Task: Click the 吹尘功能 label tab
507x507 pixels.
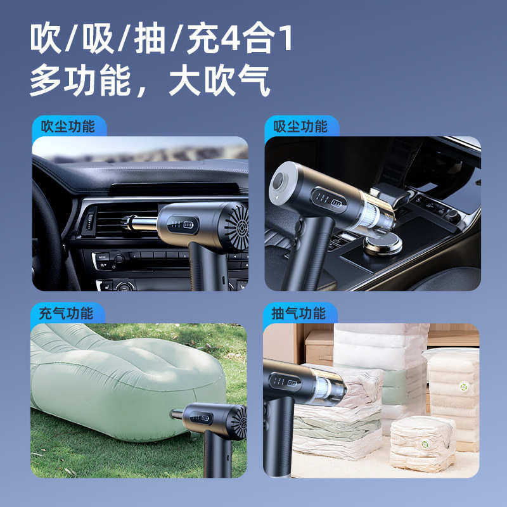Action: point(67,126)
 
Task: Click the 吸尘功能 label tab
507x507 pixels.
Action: point(300,126)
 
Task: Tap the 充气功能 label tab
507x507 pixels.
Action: point(66,313)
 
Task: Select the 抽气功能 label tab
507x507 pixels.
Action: point(299,313)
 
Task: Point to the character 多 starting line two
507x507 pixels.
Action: point(45,81)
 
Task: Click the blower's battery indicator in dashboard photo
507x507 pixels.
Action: point(188,224)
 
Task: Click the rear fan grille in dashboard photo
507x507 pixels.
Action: point(236,226)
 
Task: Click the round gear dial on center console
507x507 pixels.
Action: point(382,243)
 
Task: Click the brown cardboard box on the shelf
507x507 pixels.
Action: point(319,347)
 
